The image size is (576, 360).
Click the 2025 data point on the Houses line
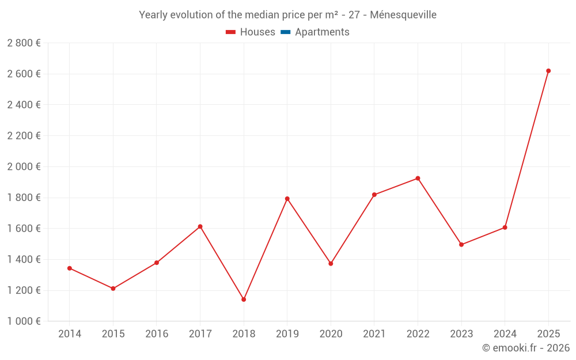548,71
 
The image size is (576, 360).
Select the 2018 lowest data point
244,300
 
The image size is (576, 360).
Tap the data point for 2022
418,179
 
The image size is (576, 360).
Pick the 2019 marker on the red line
287,199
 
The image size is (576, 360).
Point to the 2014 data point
70,268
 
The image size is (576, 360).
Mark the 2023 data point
461,245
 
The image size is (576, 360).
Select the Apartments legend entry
322,32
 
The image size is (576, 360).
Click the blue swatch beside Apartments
285,32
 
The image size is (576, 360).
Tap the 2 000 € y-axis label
24,166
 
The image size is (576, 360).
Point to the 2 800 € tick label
24,43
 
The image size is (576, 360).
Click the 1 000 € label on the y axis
24,321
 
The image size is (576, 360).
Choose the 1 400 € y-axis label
24,259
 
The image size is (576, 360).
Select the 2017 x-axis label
200,334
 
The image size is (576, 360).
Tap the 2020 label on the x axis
331,334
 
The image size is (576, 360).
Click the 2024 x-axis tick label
505,334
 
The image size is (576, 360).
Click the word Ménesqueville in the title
403,15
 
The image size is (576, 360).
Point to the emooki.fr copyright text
525,348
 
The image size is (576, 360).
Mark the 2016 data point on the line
157,263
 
